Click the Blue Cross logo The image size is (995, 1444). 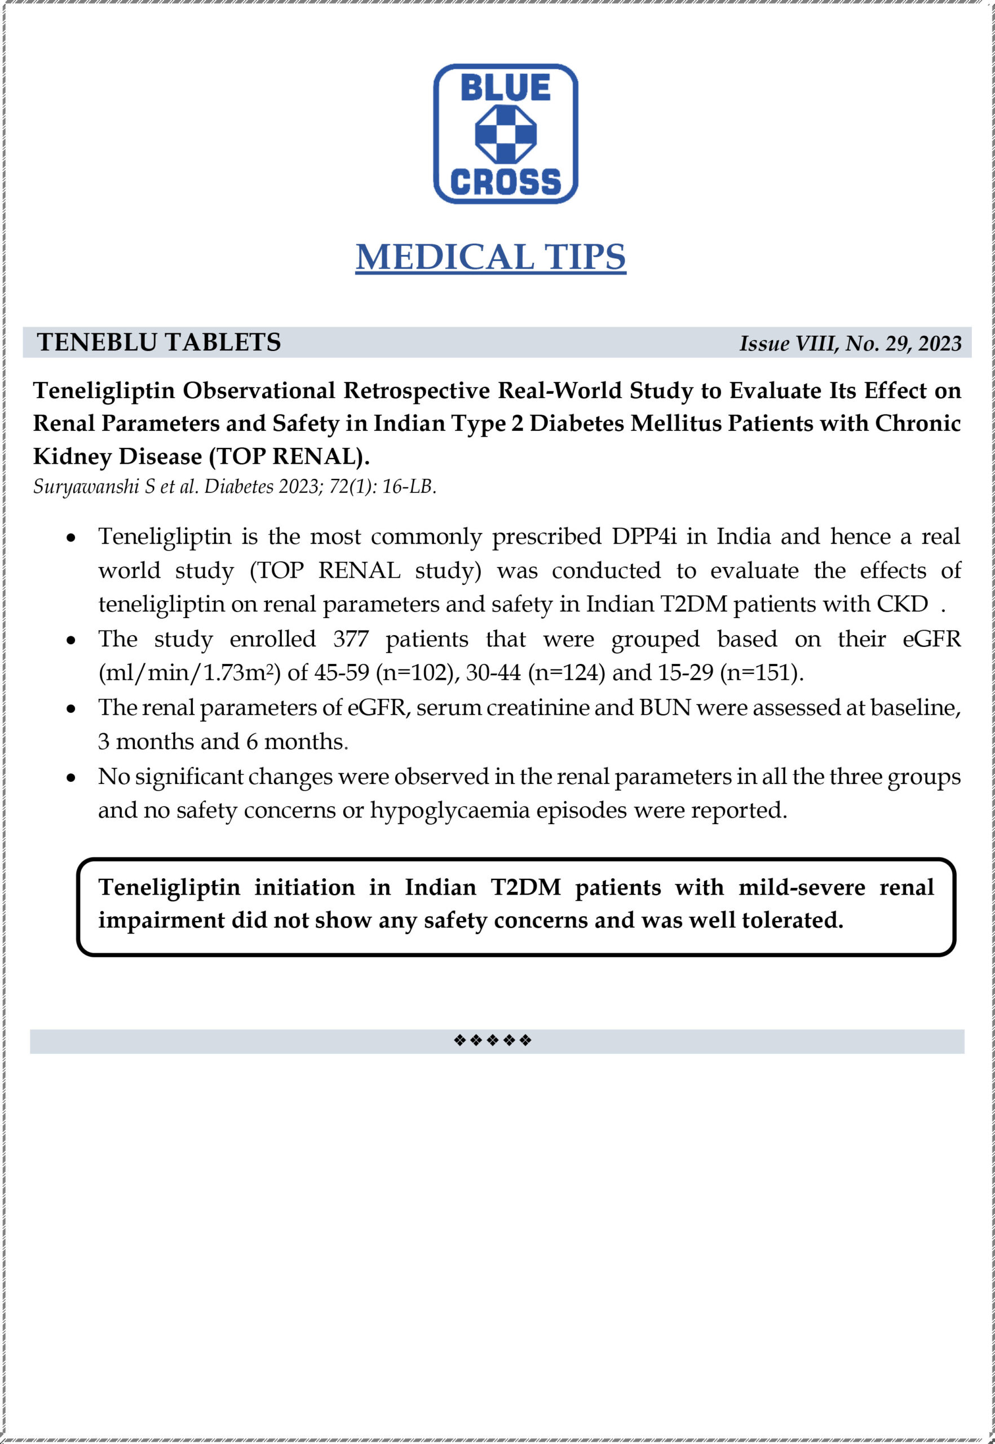(505, 134)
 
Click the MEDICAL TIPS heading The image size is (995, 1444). (490, 256)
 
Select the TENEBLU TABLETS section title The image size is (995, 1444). (159, 342)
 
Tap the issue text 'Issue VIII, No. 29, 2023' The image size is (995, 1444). (850, 343)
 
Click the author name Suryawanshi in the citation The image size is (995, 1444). (86, 487)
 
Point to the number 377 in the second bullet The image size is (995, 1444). (351, 639)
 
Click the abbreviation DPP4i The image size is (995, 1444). (643, 536)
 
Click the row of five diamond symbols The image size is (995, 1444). (493, 1040)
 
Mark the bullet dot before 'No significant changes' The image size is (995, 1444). (72, 778)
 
